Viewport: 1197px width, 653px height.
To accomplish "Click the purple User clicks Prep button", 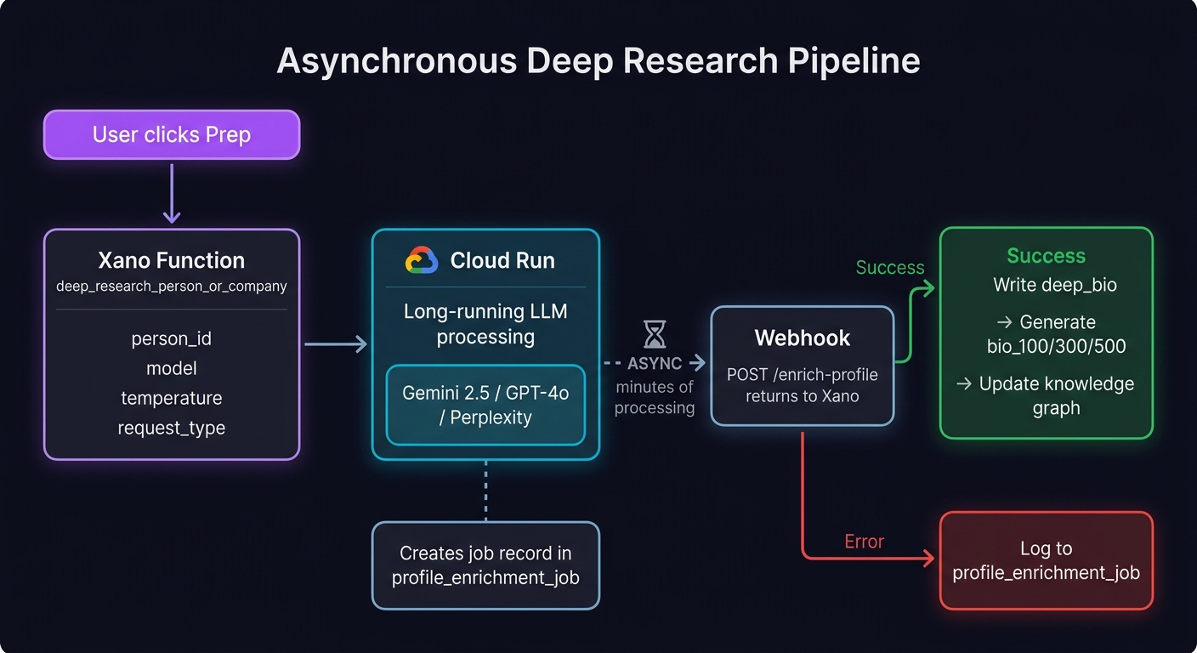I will tap(172, 134).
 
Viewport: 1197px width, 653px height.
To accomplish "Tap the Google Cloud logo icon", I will tap(422, 260).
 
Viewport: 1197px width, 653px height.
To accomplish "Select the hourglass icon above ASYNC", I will tap(655, 335).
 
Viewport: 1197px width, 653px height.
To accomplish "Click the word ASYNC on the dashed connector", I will tap(655, 364).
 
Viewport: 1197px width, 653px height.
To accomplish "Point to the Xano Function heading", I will tap(172, 260).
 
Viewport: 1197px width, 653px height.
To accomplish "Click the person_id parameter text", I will tap(172, 338).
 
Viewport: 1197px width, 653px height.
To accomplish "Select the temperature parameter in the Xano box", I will tap(172, 398).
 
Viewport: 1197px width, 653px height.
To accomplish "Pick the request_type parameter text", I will tap(172, 428).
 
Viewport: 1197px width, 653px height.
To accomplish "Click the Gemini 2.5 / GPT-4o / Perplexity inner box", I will tap(485, 405).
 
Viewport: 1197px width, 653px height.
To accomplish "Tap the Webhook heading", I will tap(802, 338).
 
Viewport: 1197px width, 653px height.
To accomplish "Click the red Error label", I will tap(864, 542).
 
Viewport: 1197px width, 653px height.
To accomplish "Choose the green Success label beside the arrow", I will tap(889, 268).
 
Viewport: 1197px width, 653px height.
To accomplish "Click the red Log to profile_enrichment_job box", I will tap(1046, 560).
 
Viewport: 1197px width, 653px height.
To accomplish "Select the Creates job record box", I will tap(485, 565).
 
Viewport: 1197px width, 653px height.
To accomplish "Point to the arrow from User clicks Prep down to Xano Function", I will tap(172, 194).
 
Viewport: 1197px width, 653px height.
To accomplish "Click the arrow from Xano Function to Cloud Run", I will tap(336, 344).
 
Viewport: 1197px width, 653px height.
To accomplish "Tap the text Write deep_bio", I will tap(1054, 285).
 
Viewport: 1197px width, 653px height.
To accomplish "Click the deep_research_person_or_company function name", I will tap(172, 287).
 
